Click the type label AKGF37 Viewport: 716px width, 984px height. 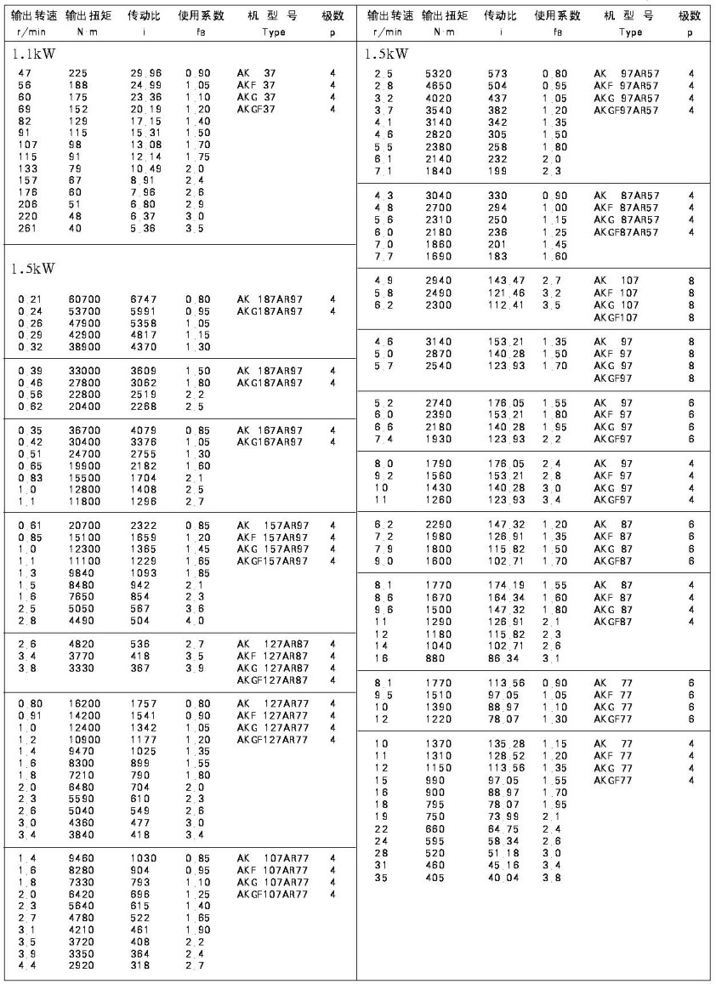point(256,109)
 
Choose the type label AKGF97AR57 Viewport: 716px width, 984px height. point(626,110)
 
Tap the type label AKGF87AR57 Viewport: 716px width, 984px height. point(626,231)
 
